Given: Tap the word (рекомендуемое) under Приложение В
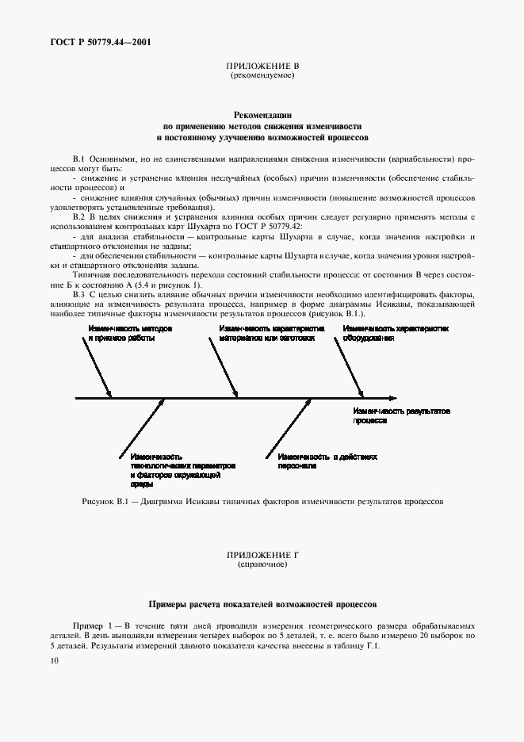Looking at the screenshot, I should coord(262,76).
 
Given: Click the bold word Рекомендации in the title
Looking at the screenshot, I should coord(262,115).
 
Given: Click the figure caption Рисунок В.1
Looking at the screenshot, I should coord(262,501).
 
